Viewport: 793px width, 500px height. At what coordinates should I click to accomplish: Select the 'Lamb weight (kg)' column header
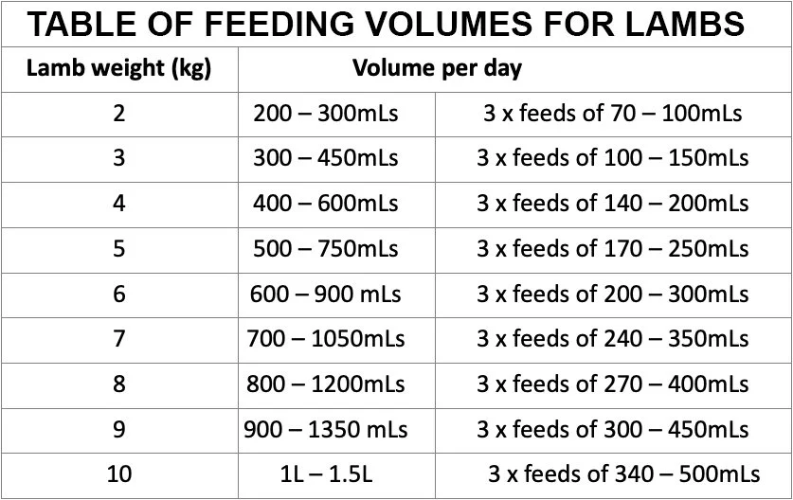point(118,69)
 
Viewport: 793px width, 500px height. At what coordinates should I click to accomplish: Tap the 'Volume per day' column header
point(437,69)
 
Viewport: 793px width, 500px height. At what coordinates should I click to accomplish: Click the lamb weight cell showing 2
point(118,114)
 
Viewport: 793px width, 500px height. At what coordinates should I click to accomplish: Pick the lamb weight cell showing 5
point(118,249)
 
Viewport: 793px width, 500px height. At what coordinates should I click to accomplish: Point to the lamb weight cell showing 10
point(118,474)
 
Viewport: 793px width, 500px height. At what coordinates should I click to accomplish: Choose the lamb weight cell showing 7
point(118,339)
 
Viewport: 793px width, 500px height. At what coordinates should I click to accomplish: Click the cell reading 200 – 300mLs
point(326,114)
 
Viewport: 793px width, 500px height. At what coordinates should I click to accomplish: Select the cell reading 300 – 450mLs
point(326,158)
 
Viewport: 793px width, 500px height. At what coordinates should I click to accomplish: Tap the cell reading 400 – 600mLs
point(326,204)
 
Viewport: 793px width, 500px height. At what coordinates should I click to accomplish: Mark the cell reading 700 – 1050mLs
point(326,339)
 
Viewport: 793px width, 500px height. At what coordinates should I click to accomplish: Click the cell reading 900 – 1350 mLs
point(326,429)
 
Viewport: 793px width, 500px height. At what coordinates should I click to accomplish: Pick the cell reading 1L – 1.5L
point(326,474)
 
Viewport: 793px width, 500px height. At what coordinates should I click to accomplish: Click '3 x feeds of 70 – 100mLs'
point(612,114)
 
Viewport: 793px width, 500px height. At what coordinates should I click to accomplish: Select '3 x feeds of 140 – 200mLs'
point(612,204)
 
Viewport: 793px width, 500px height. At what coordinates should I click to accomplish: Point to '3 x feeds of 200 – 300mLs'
point(612,294)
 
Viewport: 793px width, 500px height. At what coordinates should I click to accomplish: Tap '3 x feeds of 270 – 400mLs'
point(612,384)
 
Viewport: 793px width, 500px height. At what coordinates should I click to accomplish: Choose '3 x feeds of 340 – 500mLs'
point(623,474)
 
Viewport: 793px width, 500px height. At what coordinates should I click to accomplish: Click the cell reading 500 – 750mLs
point(326,249)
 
